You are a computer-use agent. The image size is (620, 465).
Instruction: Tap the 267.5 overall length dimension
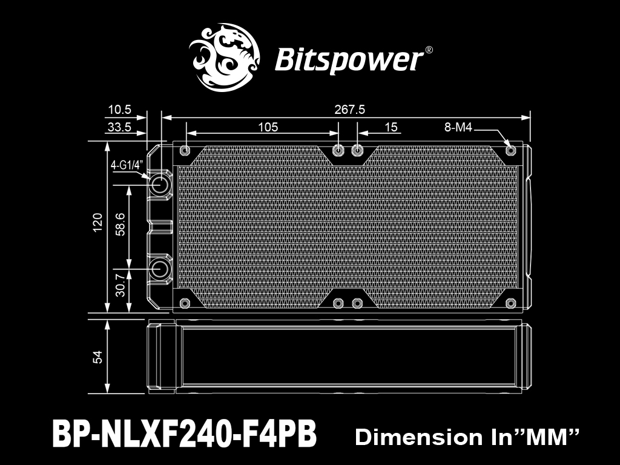pos(349,110)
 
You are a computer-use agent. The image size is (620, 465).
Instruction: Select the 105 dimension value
pos(268,127)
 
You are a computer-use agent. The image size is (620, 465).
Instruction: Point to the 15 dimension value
pos(391,127)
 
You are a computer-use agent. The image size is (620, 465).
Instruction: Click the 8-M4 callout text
pos(458,127)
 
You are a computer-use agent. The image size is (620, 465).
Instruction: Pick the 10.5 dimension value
pos(119,110)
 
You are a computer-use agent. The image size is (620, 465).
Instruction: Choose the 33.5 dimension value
pos(119,127)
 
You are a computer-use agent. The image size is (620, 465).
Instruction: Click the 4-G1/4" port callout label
pos(126,165)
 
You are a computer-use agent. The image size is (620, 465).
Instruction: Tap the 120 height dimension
pos(97,222)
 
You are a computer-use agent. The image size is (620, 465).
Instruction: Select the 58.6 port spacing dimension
pos(120,225)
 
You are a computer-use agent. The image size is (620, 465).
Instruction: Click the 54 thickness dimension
pos(97,357)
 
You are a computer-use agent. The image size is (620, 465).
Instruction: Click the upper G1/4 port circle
pos(160,184)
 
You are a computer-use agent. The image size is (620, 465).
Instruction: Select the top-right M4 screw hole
pos(510,151)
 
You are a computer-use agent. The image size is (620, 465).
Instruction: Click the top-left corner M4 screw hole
pos(185,151)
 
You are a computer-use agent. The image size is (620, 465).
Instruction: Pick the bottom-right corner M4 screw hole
pos(510,303)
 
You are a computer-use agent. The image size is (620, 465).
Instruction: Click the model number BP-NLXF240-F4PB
pos(184,434)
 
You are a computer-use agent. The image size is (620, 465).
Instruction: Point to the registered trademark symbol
pos(428,50)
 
